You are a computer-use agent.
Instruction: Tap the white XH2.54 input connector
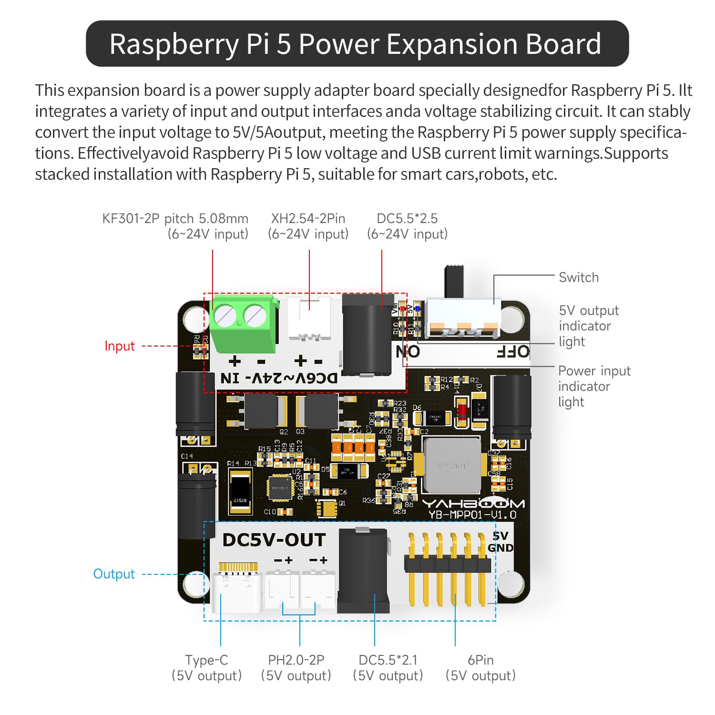coord(309,319)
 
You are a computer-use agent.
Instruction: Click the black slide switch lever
coord(454,281)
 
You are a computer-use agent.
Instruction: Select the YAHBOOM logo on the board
coord(473,503)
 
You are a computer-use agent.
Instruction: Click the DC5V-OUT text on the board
coord(274,540)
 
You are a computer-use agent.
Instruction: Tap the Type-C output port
coord(237,591)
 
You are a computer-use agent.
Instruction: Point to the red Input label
coord(120,346)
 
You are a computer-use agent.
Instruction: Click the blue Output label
coord(114,574)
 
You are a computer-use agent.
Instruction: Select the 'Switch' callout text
coord(578,277)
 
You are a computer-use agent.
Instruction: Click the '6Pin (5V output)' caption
coord(480,667)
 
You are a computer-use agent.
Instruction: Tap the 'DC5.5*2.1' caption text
coord(388,660)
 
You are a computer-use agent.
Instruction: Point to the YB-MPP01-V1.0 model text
coord(472,515)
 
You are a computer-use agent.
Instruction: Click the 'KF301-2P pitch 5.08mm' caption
coord(175,219)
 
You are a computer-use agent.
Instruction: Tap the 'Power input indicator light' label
coord(593,386)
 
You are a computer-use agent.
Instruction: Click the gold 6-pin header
coord(447,567)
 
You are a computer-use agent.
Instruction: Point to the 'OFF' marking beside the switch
coord(513,352)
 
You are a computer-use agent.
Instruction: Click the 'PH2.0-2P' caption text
coord(296,660)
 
